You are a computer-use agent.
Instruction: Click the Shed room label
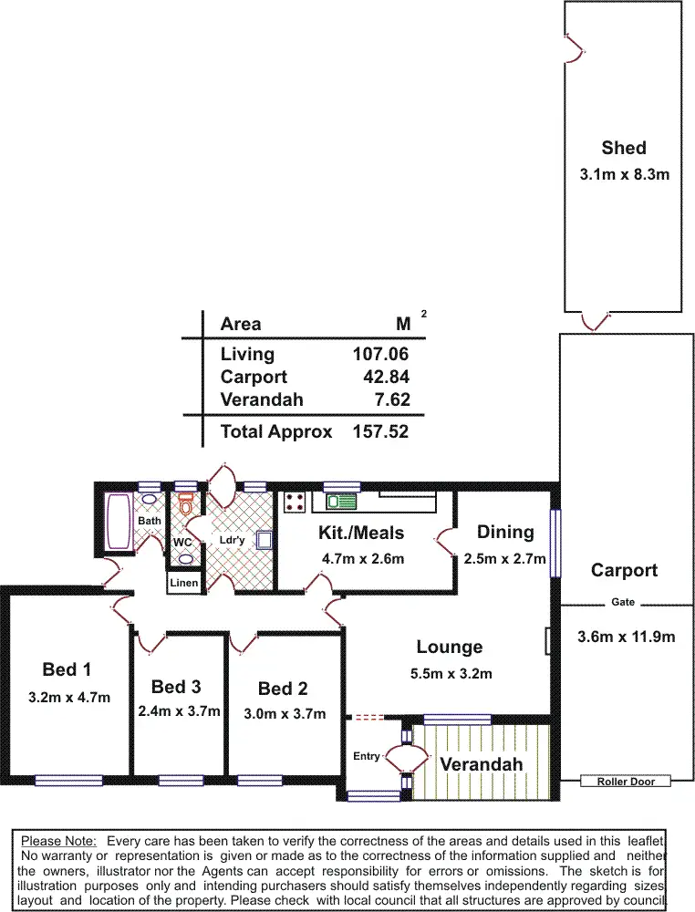pyautogui.click(x=624, y=148)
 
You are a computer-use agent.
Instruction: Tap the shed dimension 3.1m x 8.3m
pyautogui.click(x=624, y=174)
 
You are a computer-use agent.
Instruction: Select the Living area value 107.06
pyautogui.click(x=380, y=354)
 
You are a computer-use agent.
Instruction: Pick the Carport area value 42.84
pyautogui.click(x=387, y=377)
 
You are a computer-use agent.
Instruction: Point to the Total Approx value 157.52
pyautogui.click(x=380, y=431)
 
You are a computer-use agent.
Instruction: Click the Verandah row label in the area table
pyautogui.click(x=262, y=399)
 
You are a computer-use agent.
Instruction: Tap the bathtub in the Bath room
pyautogui.click(x=119, y=522)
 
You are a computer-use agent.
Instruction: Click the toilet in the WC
pyautogui.click(x=186, y=504)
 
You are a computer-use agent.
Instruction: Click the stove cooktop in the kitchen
pyautogui.click(x=295, y=501)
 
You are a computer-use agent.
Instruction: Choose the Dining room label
pyautogui.click(x=504, y=532)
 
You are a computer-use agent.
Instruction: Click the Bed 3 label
pyautogui.click(x=176, y=686)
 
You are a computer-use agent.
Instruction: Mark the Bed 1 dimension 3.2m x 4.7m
pyautogui.click(x=69, y=698)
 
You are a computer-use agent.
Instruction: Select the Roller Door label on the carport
pyautogui.click(x=626, y=782)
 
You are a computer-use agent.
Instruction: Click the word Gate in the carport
pyautogui.click(x=623, y=603)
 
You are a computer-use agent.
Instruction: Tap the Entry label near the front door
pyautogui.click(x=367, y=756)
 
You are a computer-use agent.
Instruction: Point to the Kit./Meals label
pyautogui.click(x=361, y=533)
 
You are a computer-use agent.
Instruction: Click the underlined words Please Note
pyautogui.click(x=58, y=840)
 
